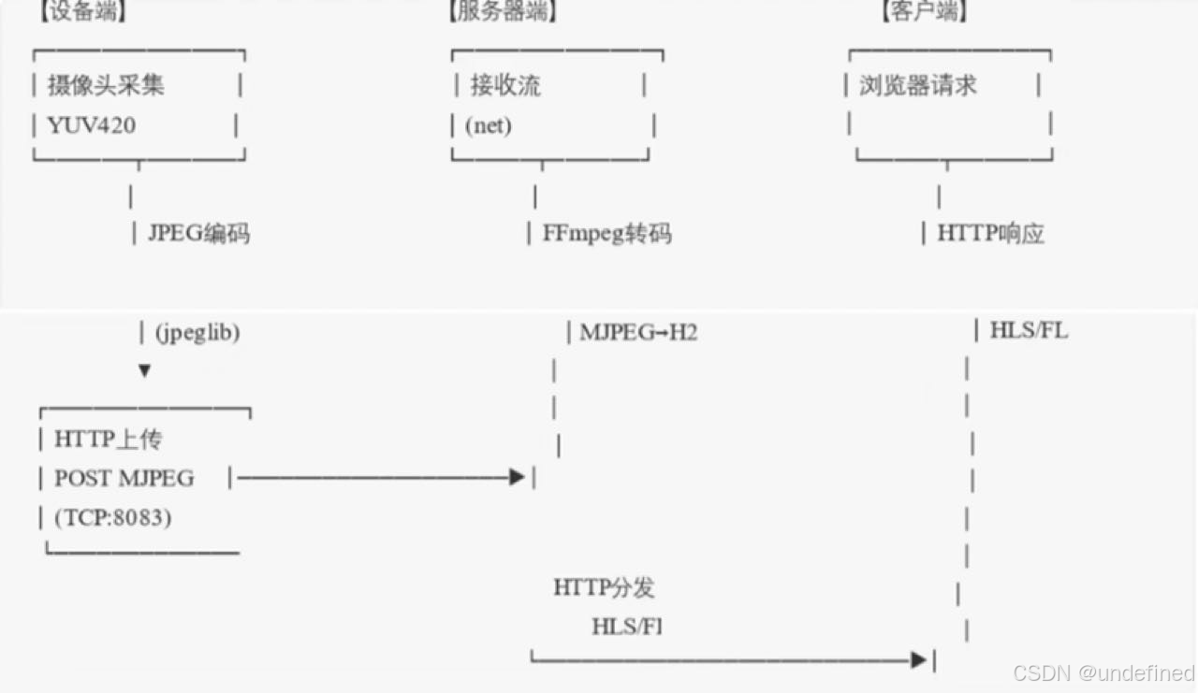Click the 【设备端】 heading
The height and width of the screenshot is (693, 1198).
pos(82,11)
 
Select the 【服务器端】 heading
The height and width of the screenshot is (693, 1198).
pos(502,11)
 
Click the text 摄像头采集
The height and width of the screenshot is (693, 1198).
pos(106,85)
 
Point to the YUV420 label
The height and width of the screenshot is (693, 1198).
pos(91,124)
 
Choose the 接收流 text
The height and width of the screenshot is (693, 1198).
pos(505,85)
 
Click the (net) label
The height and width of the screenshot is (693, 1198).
pos(489,124)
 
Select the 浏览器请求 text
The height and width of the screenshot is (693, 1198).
pos(918,85)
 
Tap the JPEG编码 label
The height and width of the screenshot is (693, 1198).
pos(198,233)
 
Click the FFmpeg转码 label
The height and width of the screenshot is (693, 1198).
pos(606,233)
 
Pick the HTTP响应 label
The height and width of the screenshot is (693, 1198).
pos(990,233)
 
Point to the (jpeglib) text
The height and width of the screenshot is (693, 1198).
pos(197,332)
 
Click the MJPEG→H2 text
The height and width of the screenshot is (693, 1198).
pos(638,332)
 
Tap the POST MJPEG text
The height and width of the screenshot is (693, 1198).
pos(124,478)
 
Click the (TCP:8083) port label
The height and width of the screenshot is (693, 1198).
pos(112,517)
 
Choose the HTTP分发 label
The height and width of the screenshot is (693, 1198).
pos(604,587)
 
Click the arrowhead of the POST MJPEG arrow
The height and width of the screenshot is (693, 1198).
pos(517,477)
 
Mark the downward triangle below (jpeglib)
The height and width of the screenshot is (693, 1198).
pos(144,370)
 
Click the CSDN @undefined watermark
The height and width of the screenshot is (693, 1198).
pos(1104,672)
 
